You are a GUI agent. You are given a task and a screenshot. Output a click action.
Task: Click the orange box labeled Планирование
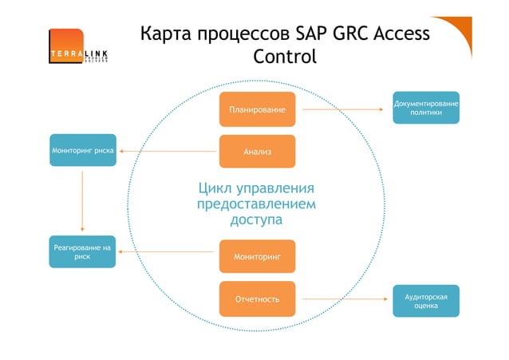(257, 109)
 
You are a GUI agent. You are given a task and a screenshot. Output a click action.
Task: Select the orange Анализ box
(257, 151)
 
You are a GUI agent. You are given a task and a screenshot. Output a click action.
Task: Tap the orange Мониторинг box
(257, 257)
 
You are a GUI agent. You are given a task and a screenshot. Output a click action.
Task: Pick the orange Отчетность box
(257, 299)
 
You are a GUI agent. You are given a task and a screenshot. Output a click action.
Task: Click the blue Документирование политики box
(426, 108)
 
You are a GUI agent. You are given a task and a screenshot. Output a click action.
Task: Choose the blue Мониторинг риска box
(83, 150)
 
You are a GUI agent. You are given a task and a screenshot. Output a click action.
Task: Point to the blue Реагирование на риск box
(83, 253)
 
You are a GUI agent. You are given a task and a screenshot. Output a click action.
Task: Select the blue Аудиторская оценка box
(426, 301)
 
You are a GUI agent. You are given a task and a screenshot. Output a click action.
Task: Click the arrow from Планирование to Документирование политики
(343, 109)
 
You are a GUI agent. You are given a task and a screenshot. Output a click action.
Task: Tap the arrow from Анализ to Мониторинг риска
(168, 151)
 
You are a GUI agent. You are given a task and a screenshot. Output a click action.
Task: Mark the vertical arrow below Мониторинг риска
(83, 200)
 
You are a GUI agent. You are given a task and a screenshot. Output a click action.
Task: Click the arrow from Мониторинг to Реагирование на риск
(168, 252)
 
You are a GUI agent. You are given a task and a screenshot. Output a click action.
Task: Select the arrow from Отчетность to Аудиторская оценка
(343, 299)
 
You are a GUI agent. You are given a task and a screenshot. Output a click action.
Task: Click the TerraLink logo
(77, 50)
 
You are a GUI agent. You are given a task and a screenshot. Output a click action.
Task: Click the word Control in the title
(284, 57)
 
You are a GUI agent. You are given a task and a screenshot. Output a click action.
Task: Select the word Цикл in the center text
(219, 190)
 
